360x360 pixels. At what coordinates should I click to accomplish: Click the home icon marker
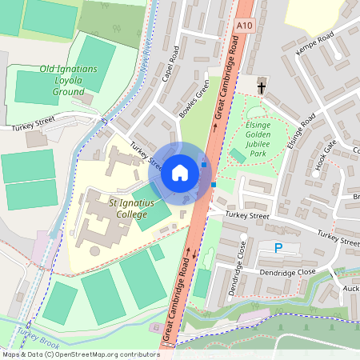[x=180, y=172]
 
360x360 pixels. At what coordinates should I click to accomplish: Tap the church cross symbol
[x=261, y=86]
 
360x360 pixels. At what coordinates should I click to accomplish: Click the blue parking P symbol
[x=278, y=248]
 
